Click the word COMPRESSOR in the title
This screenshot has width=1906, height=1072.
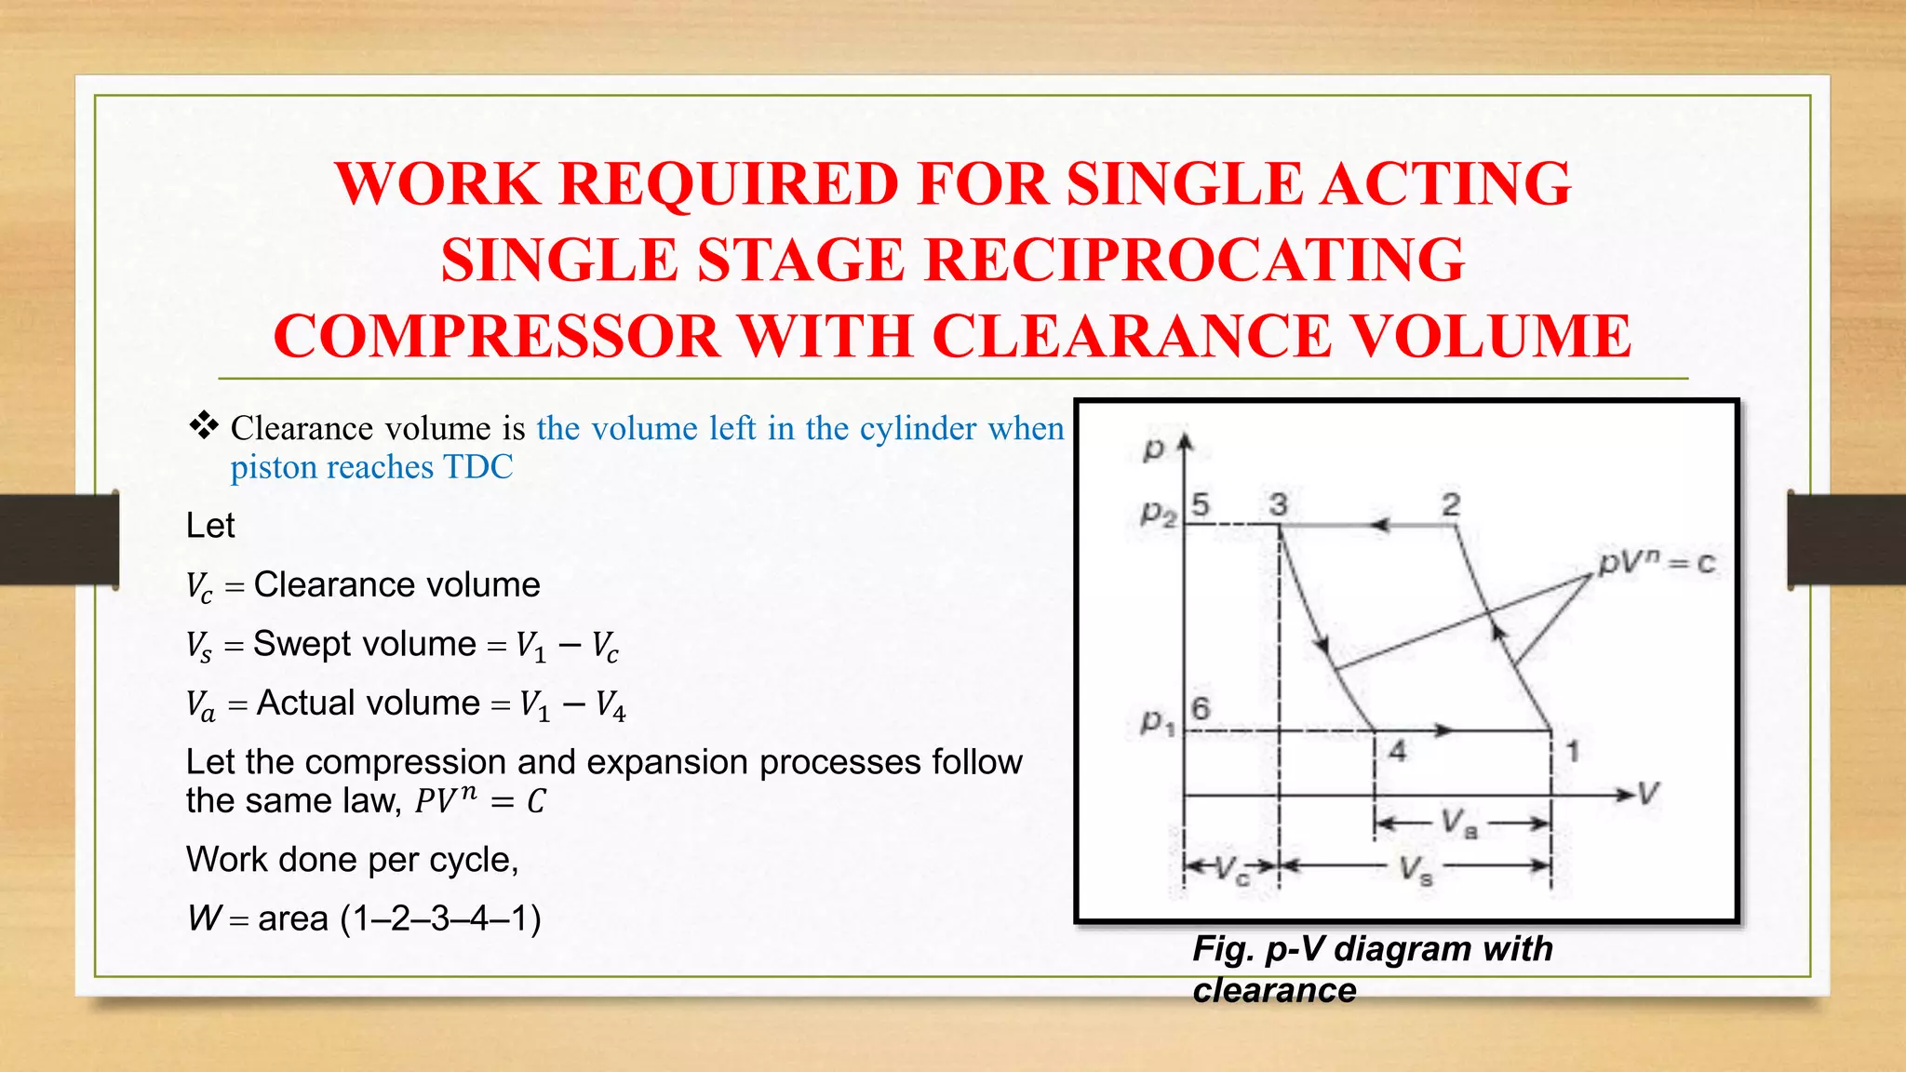[497, 336]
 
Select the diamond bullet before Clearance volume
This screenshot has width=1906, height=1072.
[203, 426]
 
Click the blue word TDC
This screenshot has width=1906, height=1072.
[477, 467]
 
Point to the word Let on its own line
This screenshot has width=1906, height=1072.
[210, 526]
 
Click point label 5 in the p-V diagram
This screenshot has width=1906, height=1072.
[1201, 505]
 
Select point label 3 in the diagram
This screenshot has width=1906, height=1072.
[1279, 505]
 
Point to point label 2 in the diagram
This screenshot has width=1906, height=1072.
[1451, 505]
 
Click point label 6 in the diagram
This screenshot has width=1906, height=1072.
[1201, 709]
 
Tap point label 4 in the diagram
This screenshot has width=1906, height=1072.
[1397, 751]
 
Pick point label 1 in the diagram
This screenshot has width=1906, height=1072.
[1572, 751]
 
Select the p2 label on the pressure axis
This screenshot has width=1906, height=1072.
[1158, 512]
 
